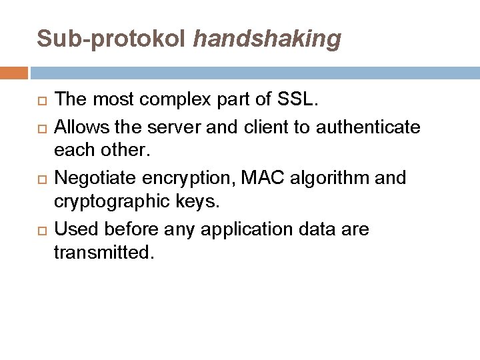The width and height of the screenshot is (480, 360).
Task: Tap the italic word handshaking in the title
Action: [267, 39]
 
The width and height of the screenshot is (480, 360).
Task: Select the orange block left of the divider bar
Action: [14, 72]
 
